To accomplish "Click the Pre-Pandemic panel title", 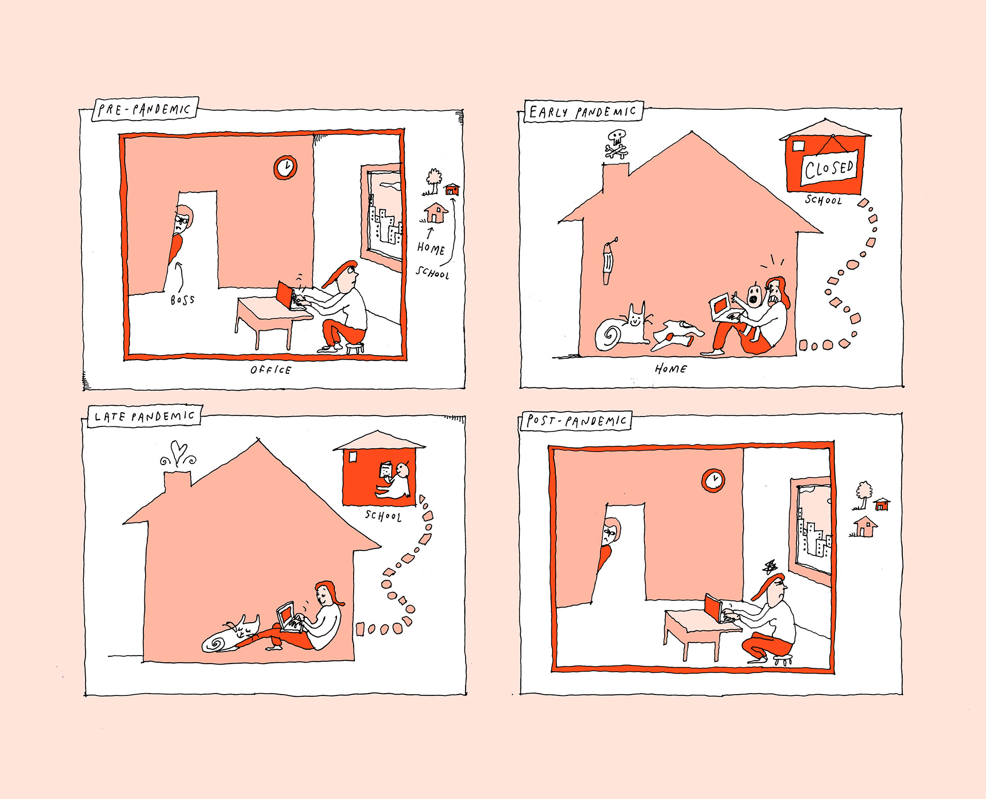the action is (x=144, y=109).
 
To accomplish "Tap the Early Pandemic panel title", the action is (x=583, y=111).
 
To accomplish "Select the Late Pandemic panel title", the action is (x=144, y=417).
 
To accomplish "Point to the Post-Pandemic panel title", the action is (x=576, y=421).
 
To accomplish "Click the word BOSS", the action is (x=183, y=300).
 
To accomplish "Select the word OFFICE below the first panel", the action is (x=271, y=369).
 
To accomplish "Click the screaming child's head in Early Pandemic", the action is (x=753, y=295).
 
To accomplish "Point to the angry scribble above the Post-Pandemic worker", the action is (x=769, y=568).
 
